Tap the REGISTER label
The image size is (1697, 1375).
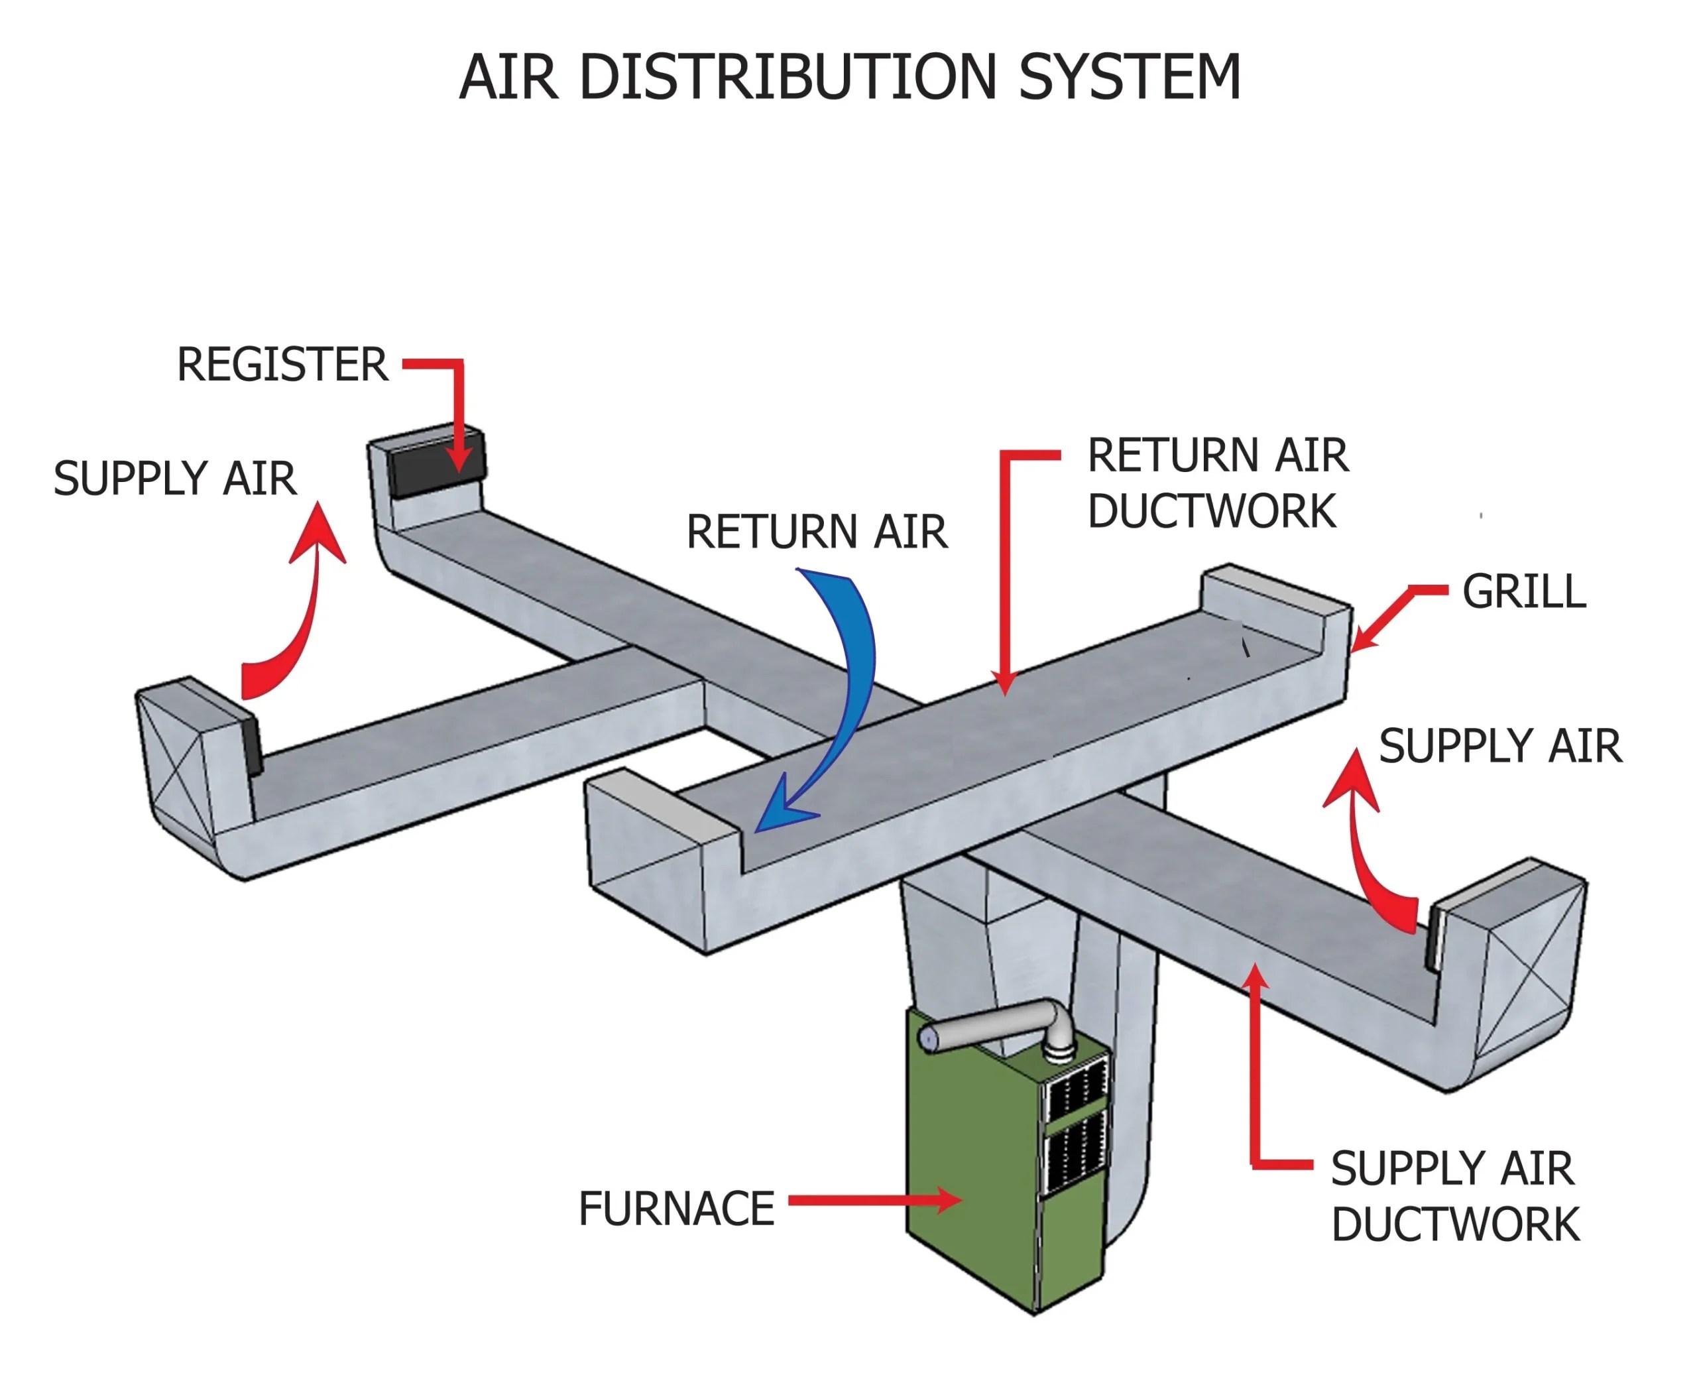pyautogui.click(x=282, y=365)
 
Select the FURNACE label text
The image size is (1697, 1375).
pyautogui.click(x=675, y=1209)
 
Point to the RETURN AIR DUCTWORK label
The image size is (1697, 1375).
pyautogui.click(x=1217, y=483)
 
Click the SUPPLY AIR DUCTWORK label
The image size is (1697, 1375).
pyautogui.click(x=1454, y=1196)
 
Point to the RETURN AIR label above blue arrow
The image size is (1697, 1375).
pyautogui.click(x=815, y=532)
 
